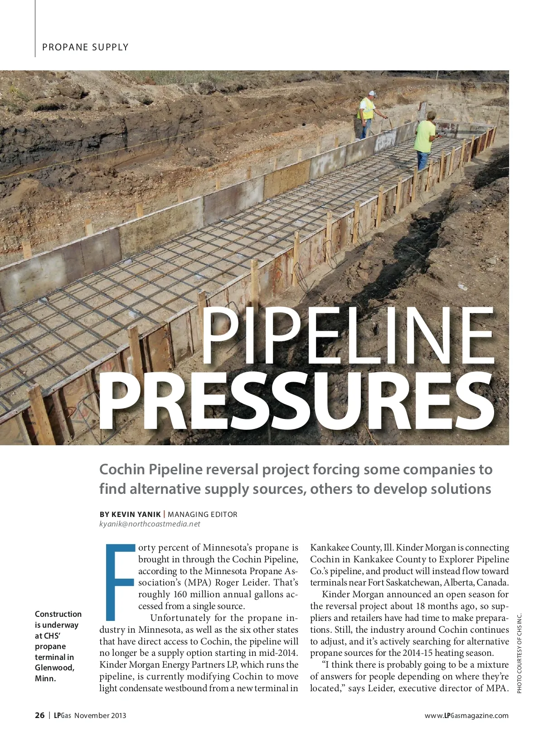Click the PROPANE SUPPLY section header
coord(85,47)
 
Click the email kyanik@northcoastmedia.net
coord(150,524)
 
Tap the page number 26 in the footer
coord(40,715)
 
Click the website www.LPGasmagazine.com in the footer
coord(466,716)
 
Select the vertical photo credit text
coord(520,653)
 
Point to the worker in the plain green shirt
coord(425,138)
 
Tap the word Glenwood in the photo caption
coord(54,668)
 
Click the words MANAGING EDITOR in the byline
coord(203,514)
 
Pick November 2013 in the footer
coord(100,716)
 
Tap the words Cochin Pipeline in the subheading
coord(151,469)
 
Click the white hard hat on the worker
coord(372,93)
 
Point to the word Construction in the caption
coord(58,614)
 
